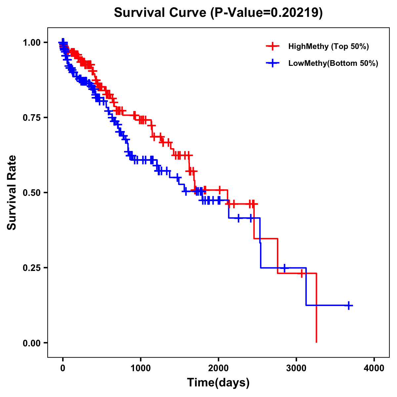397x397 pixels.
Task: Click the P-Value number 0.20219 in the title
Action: click(x=295, y=13)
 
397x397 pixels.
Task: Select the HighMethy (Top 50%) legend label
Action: click(x=328, y=46)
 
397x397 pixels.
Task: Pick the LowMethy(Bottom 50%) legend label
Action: click(x=333, y=63)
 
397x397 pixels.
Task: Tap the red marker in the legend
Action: click(x=273, y=46)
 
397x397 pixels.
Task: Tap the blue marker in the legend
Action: click(x=273, y=63)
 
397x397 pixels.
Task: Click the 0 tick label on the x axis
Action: click(x=63, y=368)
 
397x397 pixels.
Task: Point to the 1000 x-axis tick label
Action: click(x=141, y=368)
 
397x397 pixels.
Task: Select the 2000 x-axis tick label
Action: click(x=218, y=368)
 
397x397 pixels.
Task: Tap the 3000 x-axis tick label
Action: click(x=296, y=368)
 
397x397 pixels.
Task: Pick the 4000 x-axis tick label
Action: click(x=374, y=368)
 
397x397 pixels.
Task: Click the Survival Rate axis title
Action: click(x=12, y=193)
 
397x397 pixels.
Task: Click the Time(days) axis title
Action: click(x=218, y=383)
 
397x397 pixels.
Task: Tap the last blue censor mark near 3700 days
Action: click(x=348, y=305)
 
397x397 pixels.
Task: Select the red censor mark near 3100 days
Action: click(x=302, y=274)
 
